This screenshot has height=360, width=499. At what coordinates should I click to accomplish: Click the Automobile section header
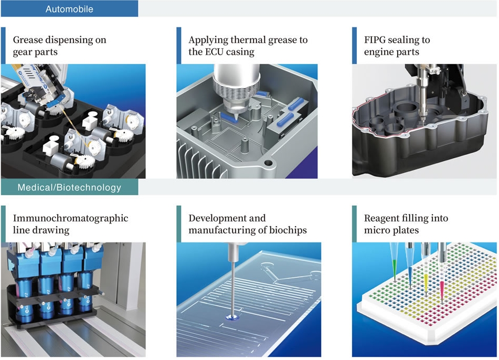tap(69, 9)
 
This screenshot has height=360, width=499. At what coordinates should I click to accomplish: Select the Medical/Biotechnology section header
tap(69, 187)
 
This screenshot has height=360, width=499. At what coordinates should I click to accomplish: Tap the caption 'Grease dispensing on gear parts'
tap(59, 46)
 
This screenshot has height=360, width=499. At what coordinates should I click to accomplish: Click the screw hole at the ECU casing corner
tap(268, 163)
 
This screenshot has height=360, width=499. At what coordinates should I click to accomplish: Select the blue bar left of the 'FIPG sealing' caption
tap(354, 46)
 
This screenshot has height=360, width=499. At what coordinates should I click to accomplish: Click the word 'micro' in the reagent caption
tap(377, 230)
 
